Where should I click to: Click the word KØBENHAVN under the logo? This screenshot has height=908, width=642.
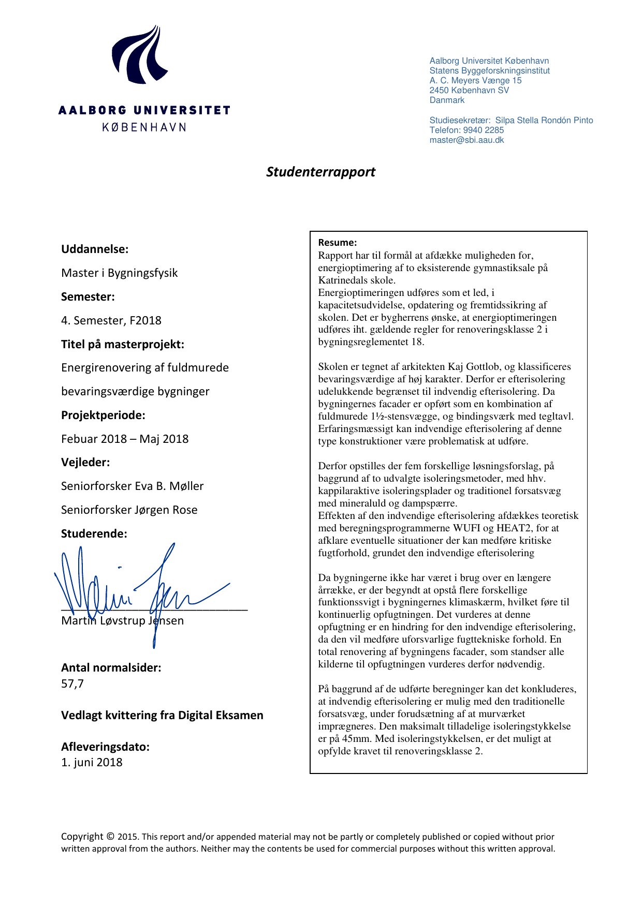[144, 127]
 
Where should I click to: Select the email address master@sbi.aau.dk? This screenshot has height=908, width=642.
[466, 140]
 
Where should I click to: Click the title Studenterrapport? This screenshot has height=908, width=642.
[320, 172]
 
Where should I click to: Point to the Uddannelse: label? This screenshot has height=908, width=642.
[95, 249]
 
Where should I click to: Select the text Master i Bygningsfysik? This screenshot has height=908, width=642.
[119, 273]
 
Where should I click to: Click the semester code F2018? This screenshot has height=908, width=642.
[145, 321]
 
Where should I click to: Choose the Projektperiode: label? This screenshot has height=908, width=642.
[103, 415]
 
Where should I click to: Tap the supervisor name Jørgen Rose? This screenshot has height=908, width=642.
[166, 510]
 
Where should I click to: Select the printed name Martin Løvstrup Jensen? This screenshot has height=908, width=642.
[122, 621]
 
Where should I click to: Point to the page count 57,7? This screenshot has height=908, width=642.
[72, 684]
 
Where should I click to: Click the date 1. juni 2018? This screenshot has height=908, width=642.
[92, 763]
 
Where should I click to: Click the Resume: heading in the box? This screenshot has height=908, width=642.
[337, 243]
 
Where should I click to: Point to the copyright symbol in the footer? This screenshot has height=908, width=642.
[110, 837]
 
